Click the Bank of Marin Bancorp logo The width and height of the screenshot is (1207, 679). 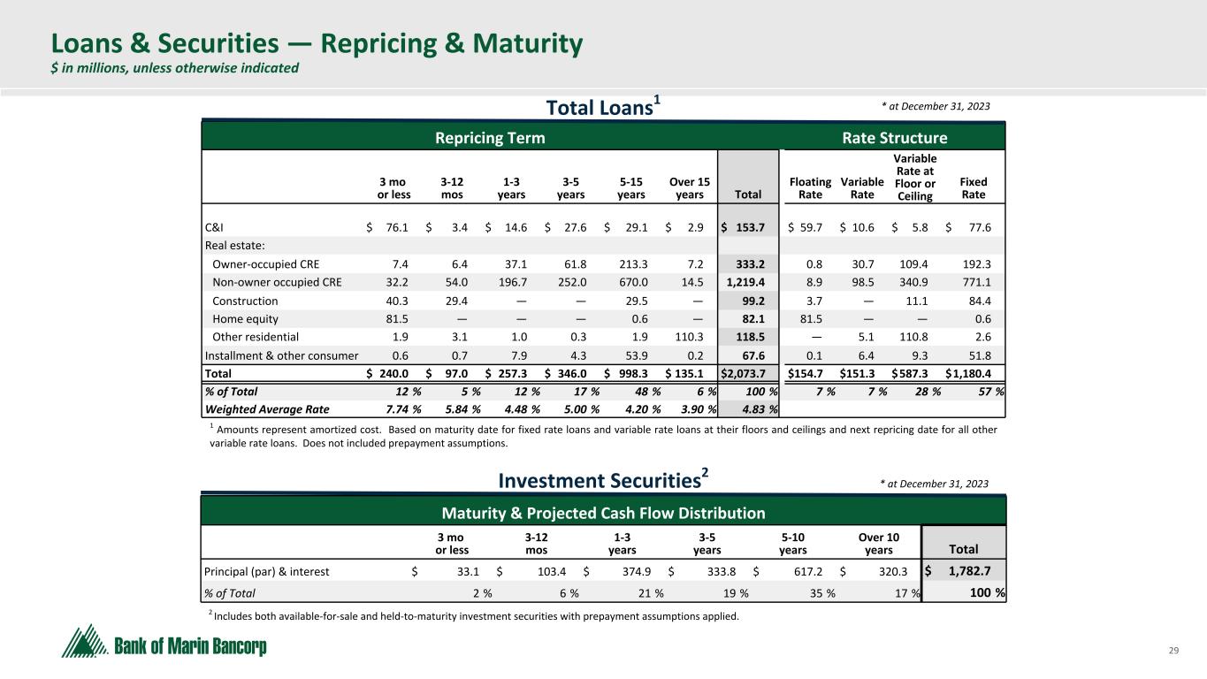[x=164, y=641]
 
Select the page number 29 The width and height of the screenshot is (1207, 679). [x=1174, y=651]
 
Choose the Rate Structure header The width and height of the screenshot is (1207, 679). [x=894, y=138]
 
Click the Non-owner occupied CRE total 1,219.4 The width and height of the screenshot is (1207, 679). [x=746, y=282]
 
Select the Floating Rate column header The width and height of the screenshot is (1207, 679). [x=810, y=188]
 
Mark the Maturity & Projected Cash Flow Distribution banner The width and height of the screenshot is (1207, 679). [x=604, y=513]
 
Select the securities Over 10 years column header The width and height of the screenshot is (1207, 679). [x=879, y=542]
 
